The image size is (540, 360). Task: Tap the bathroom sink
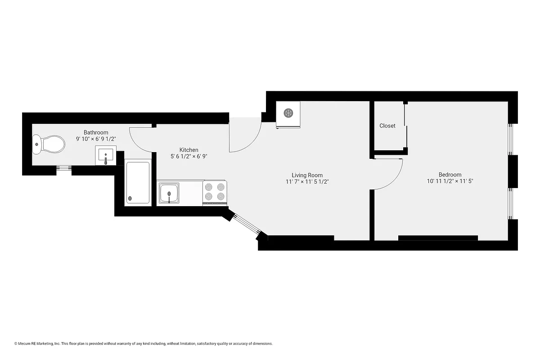coord(107,155)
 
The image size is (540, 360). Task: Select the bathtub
coord(137,183)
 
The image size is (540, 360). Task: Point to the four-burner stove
coord(215,192)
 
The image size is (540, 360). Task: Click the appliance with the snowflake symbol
coord(288,114)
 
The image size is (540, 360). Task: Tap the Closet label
coord(387,126)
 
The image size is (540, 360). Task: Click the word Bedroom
coord(450,175)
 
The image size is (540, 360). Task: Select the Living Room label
coord(307,175)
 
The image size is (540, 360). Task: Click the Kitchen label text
coord(189,150)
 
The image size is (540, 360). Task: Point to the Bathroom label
coord(96,132)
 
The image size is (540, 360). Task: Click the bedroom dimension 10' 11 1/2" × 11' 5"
coord(450,181)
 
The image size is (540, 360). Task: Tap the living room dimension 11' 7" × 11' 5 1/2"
coord(307,182)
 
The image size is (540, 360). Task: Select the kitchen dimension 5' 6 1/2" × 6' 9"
coord(189,157)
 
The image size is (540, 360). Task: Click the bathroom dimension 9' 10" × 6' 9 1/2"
coord(96,139)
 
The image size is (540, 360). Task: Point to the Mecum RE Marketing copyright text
coord(143,343)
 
